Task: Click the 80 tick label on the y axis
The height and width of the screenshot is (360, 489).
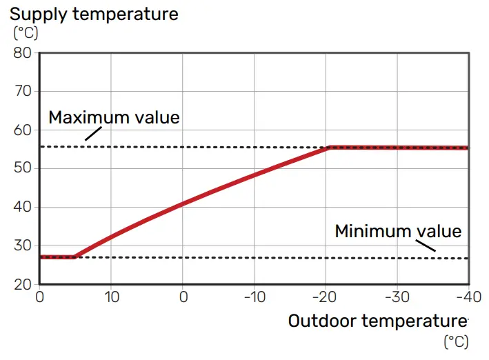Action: pos(23,53)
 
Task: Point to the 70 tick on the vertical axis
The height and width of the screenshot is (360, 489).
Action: pos(23,92)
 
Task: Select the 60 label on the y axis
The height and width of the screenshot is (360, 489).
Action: pos(23,130)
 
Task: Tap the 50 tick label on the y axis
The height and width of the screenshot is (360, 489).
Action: pos(23,169)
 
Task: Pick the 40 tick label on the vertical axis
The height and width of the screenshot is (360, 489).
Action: pos(23,208)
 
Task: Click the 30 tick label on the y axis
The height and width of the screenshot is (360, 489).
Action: pos(23,246)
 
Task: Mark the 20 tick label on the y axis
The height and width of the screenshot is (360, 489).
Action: pos(23,285)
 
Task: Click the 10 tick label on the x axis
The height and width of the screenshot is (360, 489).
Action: pos(111,297)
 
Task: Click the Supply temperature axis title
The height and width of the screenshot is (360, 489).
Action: pos(94,13)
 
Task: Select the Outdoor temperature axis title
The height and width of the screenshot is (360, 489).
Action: pos(377,321)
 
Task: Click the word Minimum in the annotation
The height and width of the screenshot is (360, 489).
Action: pos(372,231)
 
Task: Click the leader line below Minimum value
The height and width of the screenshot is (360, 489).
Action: pos(426,245)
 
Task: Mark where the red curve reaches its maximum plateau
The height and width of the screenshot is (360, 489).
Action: pos(330,147)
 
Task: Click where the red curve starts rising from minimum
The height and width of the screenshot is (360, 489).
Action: pos(74,257)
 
